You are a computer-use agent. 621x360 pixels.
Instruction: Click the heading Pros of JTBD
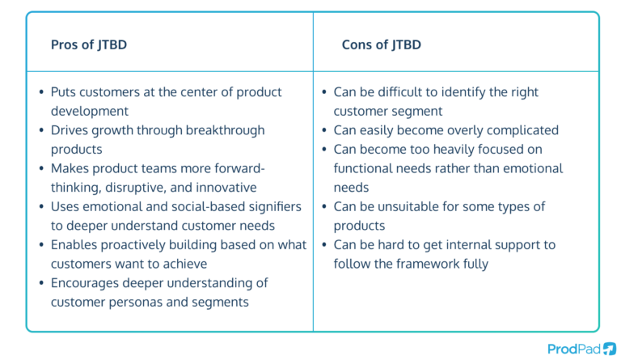pyautogui.click(x=89, y=44)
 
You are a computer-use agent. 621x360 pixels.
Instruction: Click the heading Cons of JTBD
pyautogui.click(x=382, y=44)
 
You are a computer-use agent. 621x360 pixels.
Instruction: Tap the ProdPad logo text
pyautogui.click(x=573, y=349)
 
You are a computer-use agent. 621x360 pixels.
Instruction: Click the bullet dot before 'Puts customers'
pyautogui.click(x=41, y=92)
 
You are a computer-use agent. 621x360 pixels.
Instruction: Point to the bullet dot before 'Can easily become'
pyautogui.click(x=324, y=130)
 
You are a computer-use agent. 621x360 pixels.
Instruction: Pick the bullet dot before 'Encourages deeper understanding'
pyautogui.click(x=41, y=283)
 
